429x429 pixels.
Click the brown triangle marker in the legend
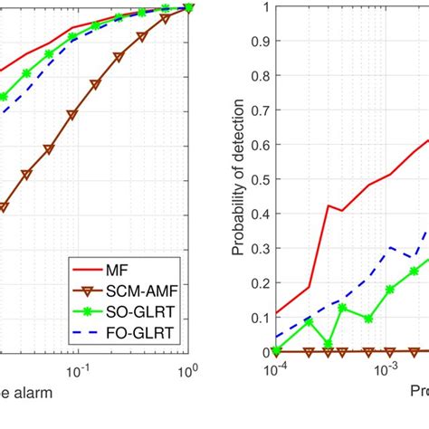(91, 291)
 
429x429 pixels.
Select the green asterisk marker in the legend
(91, 314)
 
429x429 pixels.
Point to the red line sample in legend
(91, 268)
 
